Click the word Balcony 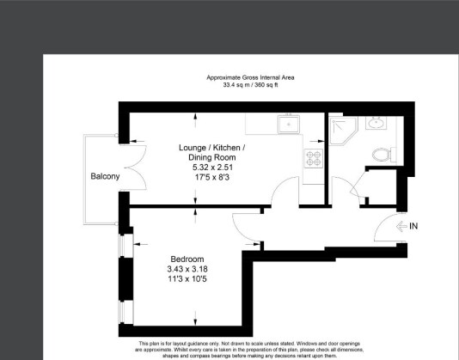click(106, 177)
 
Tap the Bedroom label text click(187, 259)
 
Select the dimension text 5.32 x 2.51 click(211, 168)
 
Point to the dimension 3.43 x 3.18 click(187, 270)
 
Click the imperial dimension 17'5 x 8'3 click(211, 178)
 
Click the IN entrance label click(413, 226)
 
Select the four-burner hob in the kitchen click(312, 159)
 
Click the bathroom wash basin click(376, 123)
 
